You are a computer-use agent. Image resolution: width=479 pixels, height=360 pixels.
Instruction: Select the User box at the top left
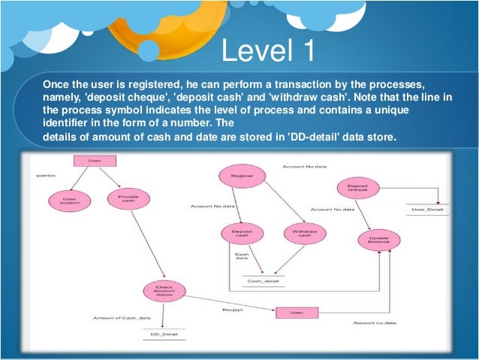coord(94,161)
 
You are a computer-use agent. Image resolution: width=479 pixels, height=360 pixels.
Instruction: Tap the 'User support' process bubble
coord(65,201)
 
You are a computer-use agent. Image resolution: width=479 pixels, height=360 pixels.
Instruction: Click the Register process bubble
coord(242,177)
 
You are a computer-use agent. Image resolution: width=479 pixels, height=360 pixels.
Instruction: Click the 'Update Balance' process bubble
coord(378,240)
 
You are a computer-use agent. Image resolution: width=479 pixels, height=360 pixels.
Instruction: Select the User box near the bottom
coord(297,311)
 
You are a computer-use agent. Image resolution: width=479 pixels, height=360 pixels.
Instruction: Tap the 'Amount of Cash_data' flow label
coord(116,318)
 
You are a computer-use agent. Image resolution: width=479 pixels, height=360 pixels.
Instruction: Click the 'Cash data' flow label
coord(242,257)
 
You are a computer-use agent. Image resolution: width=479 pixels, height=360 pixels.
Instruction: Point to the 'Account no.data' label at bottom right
coord(374,322)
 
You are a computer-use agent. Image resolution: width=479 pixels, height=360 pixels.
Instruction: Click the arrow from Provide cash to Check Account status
coord(148,244)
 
